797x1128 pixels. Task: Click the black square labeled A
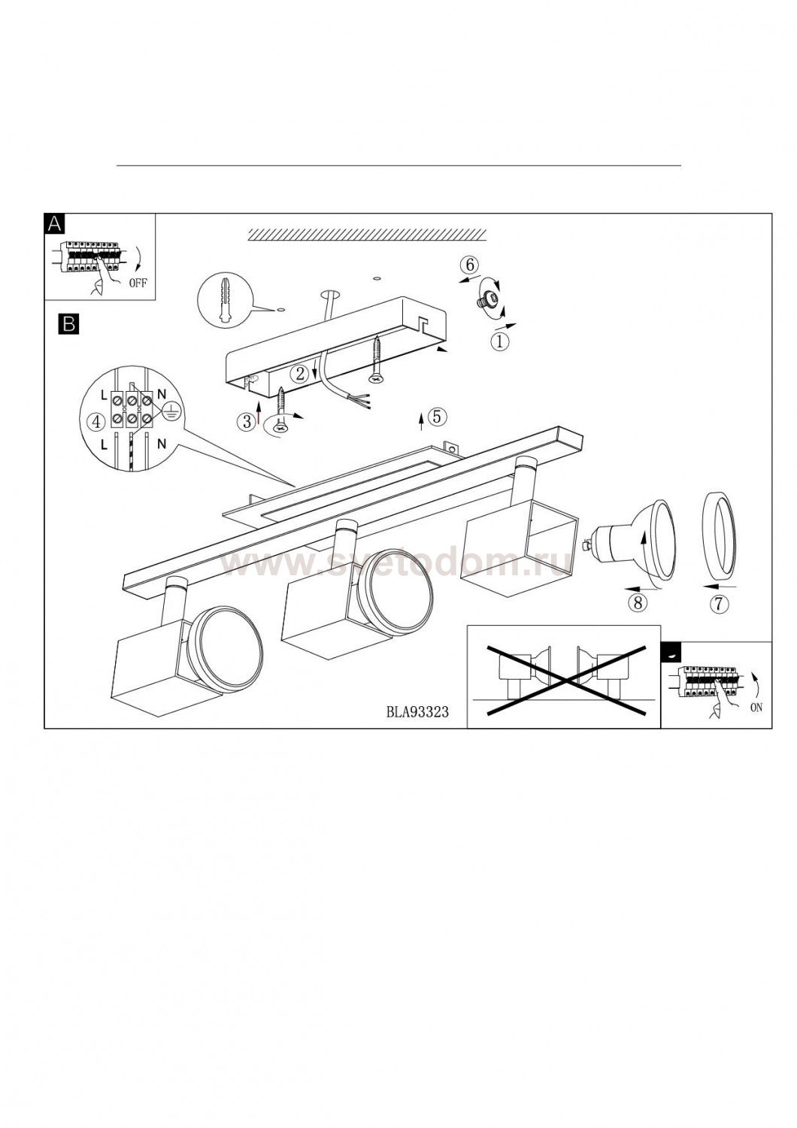coord(54,223)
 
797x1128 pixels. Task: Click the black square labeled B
coord(68,324)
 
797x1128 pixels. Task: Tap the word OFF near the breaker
coord(138,283)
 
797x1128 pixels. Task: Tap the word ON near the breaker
coord(756,708)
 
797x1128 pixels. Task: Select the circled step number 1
coord(499,342)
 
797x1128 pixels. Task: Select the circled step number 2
coord(301,374)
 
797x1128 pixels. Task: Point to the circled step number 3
coord(247,421)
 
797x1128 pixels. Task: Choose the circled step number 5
coord(437,417)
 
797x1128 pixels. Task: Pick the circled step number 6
coord(469,265)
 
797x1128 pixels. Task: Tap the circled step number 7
coord(719,603)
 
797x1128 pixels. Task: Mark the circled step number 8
coord(638,603)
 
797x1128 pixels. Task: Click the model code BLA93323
coord(417,713)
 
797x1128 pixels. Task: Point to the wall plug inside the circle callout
coord(225,301)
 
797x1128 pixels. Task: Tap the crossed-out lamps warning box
coord(563,676)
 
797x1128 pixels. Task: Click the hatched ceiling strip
coord(367,234)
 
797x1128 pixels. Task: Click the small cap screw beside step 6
coord(486,300)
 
